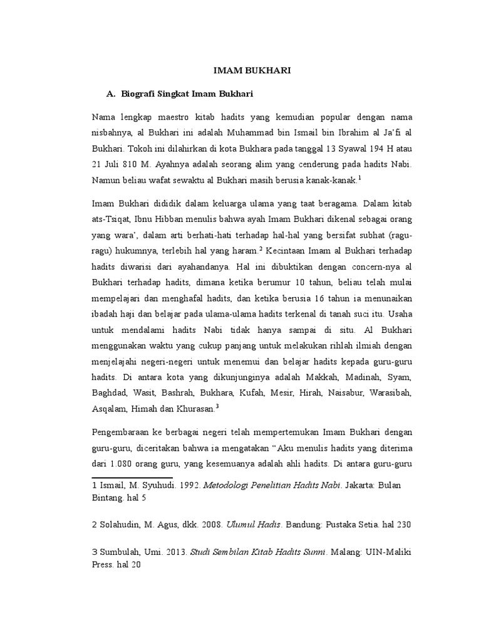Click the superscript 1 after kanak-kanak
360,177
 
